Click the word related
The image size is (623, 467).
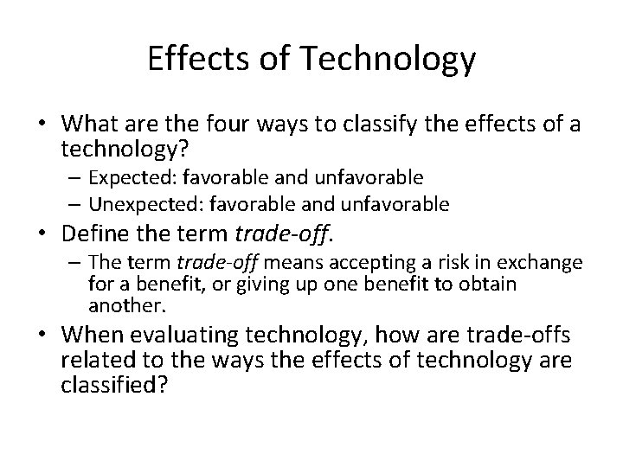(90, 359)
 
